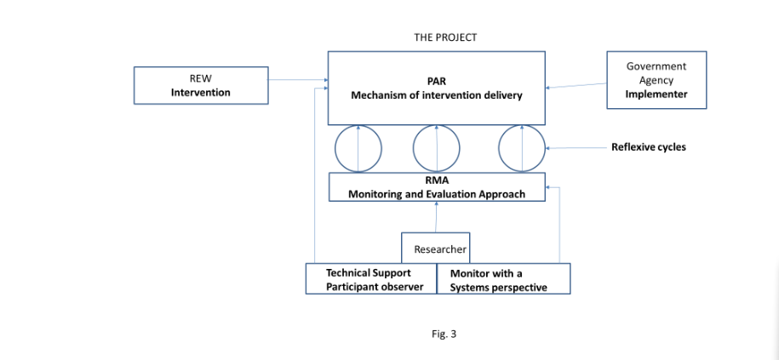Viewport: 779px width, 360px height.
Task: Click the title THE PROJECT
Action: tap(444, 37)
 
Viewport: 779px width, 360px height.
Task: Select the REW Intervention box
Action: tap(200, 85)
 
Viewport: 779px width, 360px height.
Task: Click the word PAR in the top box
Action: tap(437, 81)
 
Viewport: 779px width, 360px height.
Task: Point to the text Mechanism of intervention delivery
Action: tap(437, 95)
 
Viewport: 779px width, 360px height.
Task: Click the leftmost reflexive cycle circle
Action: tap(358, 148)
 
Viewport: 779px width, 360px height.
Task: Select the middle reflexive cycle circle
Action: tap(436, 148)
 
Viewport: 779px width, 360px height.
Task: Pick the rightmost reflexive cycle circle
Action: tap(521, 148)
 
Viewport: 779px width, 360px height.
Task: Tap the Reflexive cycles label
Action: tap(648, 147)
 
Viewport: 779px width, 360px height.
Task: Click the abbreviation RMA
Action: tap(437, 180)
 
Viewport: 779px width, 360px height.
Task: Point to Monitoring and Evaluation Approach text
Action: tap(437, 194)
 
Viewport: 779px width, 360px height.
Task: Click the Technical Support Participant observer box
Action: tap(369, 279)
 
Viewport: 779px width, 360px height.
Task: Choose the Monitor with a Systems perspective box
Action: tap(503, 280)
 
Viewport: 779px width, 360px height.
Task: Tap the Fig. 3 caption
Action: tap(444, 334)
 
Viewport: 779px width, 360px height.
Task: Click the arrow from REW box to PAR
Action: tap(297, 81)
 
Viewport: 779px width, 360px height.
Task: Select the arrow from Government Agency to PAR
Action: tap(576, 85)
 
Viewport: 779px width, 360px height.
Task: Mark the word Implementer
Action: tap(656, 94)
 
